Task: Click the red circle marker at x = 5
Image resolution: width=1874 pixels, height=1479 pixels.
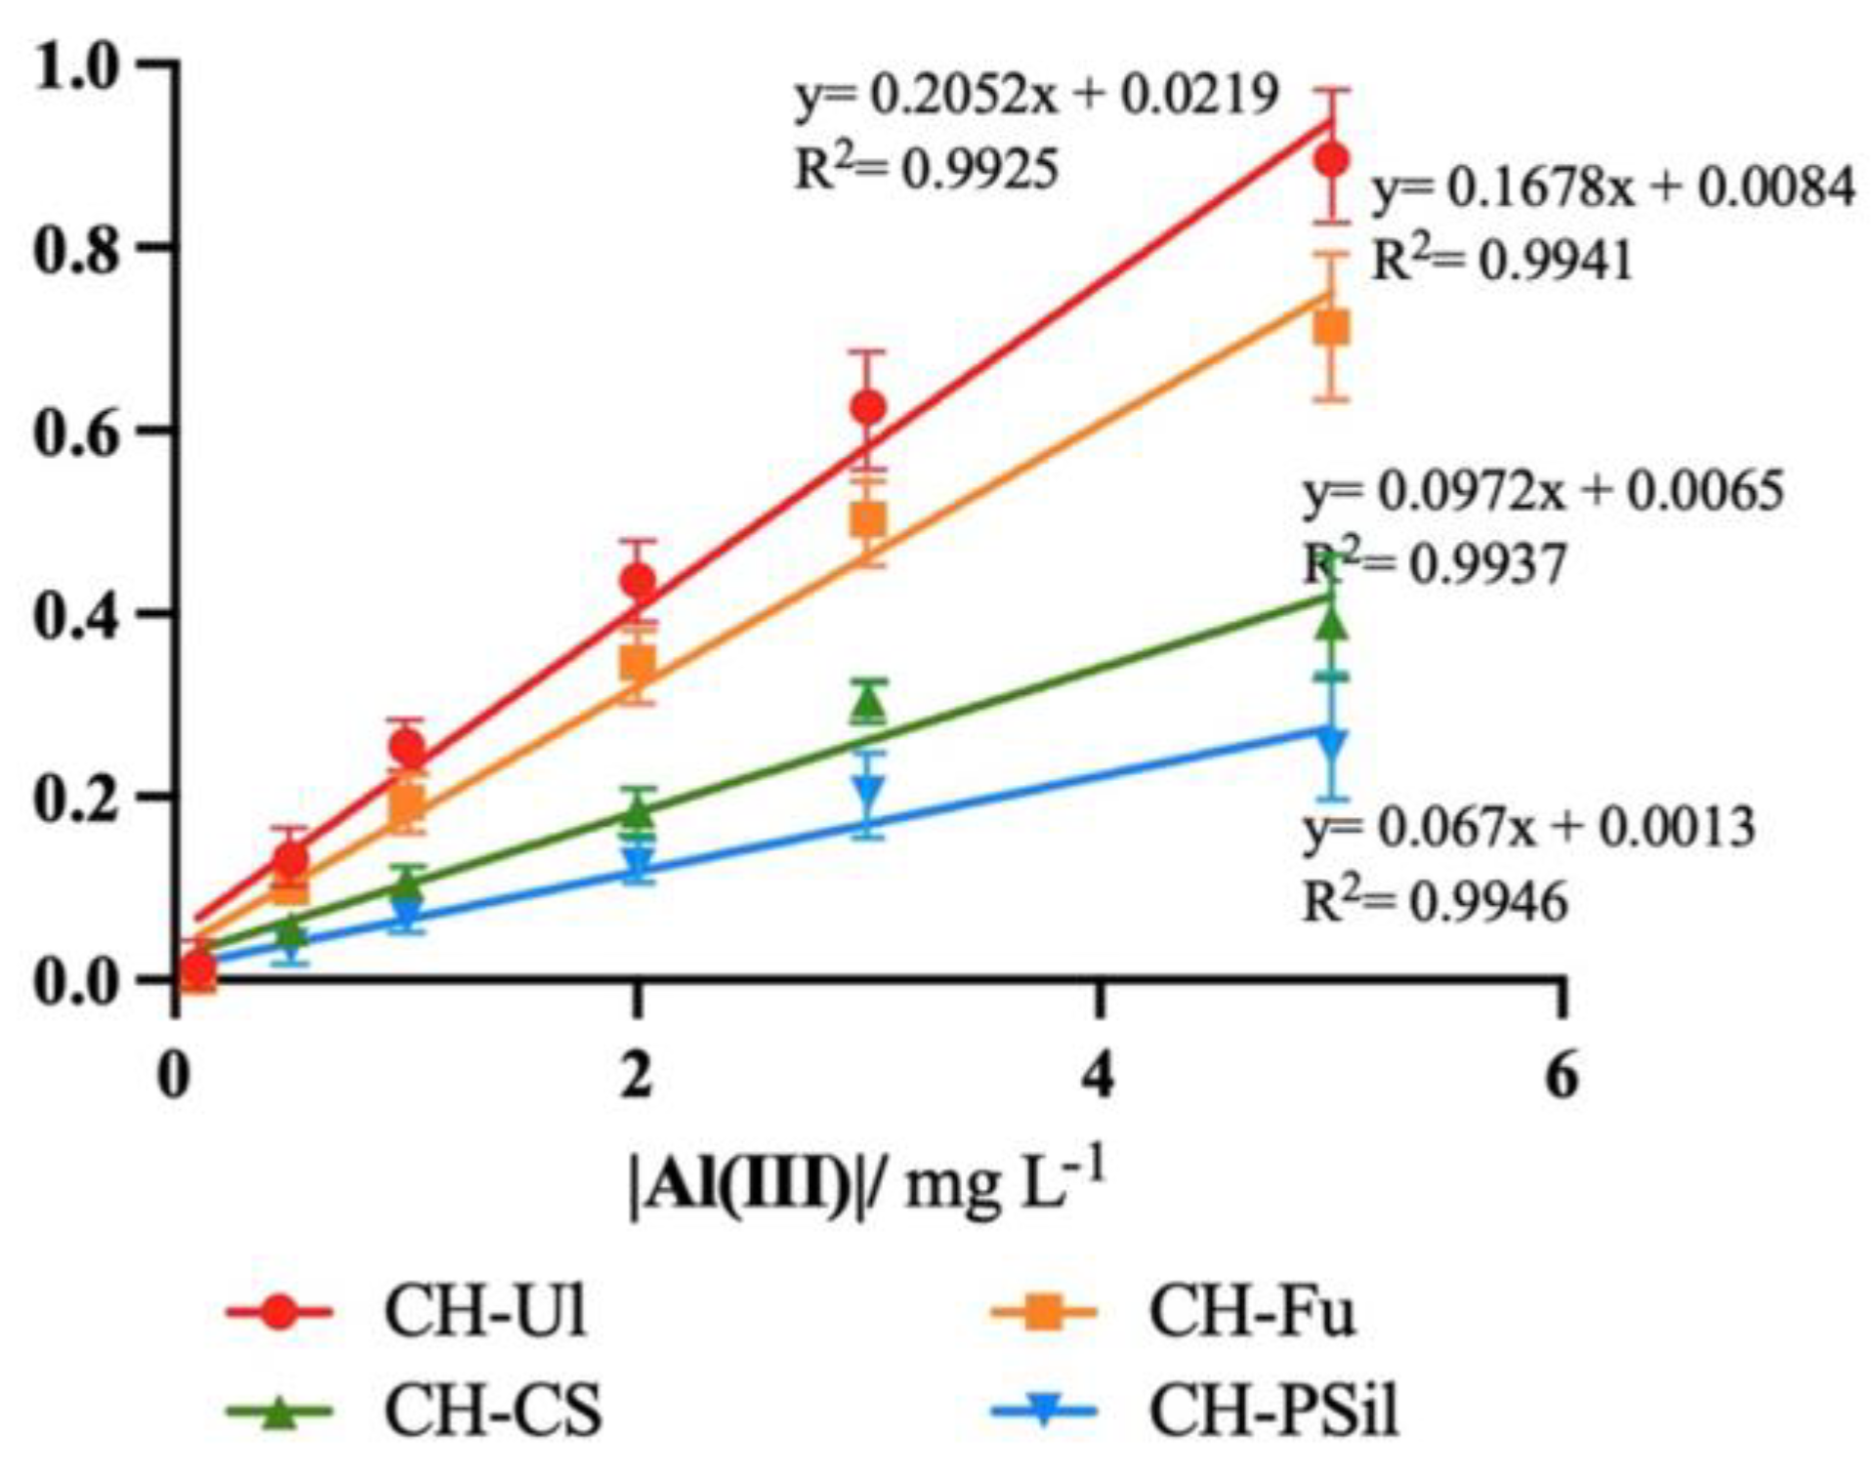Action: (x=1331, y=159)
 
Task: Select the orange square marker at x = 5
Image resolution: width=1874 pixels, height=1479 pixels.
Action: (x=1331, y=329)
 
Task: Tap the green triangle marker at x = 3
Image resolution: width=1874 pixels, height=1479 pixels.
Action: (x=868, y=703)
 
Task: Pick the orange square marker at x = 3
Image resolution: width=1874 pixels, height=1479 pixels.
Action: (x=868, y=519)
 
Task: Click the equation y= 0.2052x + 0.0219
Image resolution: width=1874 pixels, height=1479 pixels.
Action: (x=1036, y=97)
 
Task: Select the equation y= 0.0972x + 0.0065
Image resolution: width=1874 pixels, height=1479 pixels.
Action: (x=1543, y=491)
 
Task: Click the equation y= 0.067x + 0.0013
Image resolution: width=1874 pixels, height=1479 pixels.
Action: (x=1529, y=828)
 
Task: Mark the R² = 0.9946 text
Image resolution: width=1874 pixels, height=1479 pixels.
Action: (x=1436, y=901)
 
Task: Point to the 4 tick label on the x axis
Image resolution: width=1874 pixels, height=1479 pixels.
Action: (x=1100, y=1078)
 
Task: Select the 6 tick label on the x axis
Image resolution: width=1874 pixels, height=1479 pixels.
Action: (x=1562, y=1078)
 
